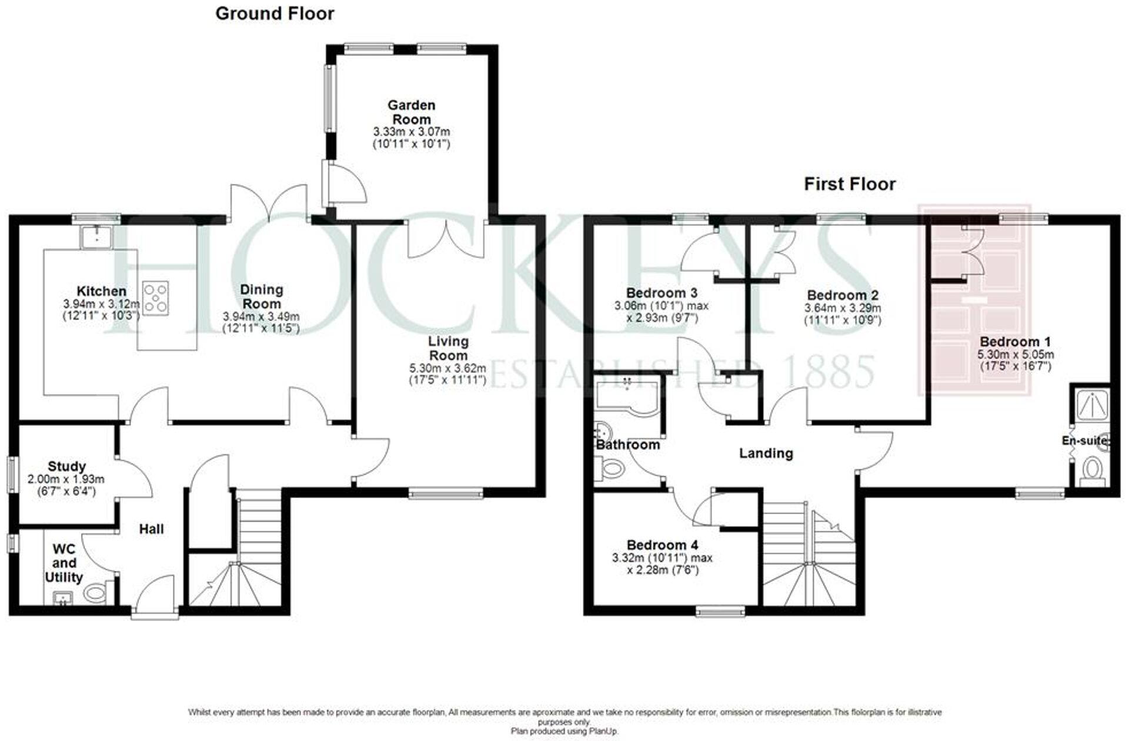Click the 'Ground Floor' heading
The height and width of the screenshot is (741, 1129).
coord(275,14)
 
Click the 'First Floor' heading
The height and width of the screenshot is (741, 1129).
coord(849,184)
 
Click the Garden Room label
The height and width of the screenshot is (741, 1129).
coord(411,112)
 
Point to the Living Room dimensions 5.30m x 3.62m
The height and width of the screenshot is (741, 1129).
coord(447,369)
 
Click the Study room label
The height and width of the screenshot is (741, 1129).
coord(66,466)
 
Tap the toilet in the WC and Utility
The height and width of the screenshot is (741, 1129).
coord(95,592)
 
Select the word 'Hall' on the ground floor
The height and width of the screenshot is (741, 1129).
coord(151,529)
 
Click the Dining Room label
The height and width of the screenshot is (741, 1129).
coord(262,296)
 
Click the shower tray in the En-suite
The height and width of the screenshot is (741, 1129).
coord(1091,403)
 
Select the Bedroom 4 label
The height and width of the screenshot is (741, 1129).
coord(662,545)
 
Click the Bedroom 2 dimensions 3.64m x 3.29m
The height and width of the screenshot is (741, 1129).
coord(842,308)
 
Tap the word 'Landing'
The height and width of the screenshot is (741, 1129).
coord(766,453)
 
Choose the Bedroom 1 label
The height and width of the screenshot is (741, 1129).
coord(1015,342)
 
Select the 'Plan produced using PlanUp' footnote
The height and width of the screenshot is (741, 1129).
coord(564,732)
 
